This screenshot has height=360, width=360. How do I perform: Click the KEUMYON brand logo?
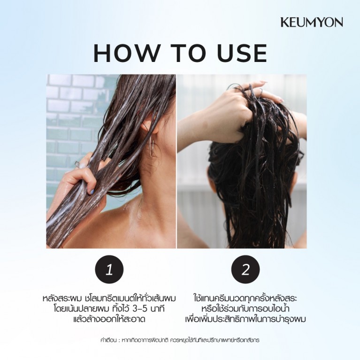pyautogui.click(x=311, y=22)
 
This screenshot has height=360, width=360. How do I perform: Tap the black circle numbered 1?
pyautogui.click(x=109, y=270)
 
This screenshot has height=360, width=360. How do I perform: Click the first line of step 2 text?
pyautogui.click(x=246, y=299)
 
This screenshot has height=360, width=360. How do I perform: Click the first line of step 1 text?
pyautogui.click(x=109, y=299)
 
